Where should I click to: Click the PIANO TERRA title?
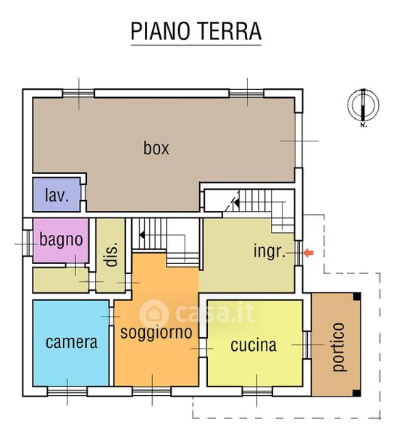[196, 31]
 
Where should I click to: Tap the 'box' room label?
[156, 148]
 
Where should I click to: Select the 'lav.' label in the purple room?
[56, 195]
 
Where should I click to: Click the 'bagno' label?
[62, 240]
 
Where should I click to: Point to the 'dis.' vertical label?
[112, 254]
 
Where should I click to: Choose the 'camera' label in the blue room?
[72, 342]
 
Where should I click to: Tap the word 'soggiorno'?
[156, 333]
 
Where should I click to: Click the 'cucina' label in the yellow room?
[253, 345]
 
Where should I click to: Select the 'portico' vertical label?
[338, 347]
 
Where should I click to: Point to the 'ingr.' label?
[269, 252]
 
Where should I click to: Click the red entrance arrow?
[309, 253]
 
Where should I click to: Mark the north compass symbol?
[364, 107]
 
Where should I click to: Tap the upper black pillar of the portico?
[357, 297]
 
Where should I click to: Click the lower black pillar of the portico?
[357, 392]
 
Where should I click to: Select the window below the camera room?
[67, 391]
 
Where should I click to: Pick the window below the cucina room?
[258, 391]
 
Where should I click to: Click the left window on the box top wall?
[79, 94]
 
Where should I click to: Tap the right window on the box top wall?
[246, 94]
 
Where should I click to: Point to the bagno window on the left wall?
[28, 244]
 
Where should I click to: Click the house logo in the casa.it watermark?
[154, 314]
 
